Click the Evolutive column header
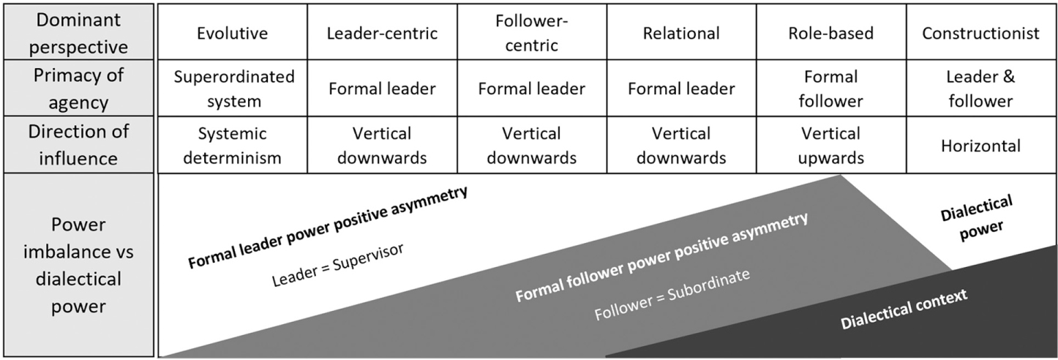[232, 33]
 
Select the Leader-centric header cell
[382, 33]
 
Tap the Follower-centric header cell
[532, 33]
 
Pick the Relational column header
[681, 33]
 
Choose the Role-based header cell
[830, 33]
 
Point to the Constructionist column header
[980, 33]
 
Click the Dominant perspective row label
[78, 33]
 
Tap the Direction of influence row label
[78, 146]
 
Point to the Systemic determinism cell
[232, 146]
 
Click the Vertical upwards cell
[830, 146]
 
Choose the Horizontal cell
[980, 146]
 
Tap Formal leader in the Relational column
[681, 89]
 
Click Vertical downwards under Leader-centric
[382, 146]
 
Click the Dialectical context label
[904, 308]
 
